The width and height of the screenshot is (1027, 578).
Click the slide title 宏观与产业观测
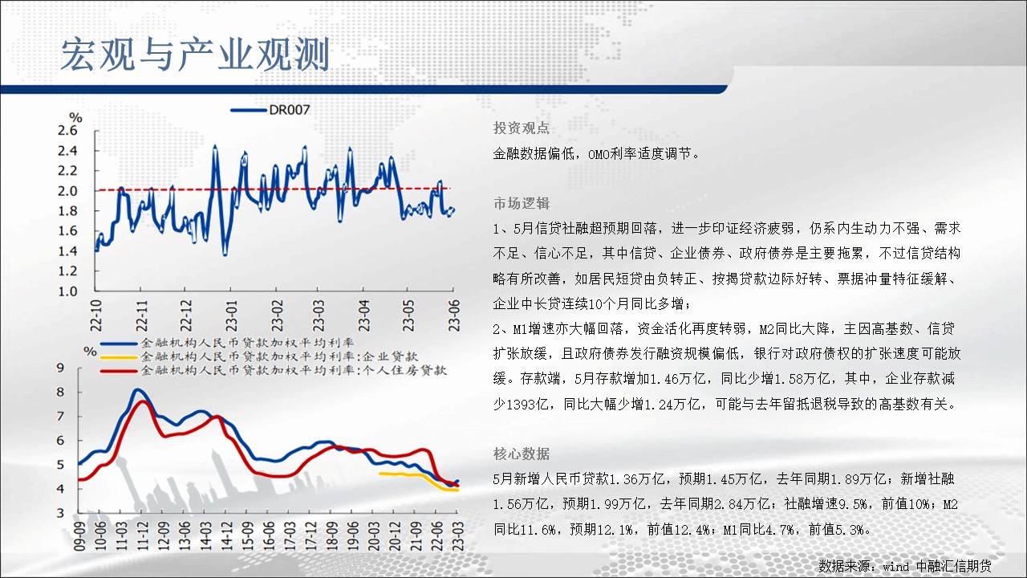point(195,55)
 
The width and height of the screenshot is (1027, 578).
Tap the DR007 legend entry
point(270,110)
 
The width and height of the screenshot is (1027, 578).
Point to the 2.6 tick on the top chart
point(67,131)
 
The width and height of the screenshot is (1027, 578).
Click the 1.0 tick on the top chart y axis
point(67,291)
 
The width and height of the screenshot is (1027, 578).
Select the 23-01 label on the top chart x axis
point(232,316)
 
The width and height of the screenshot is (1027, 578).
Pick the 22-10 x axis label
point(95,316)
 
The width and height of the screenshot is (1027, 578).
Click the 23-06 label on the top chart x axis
point(454,316)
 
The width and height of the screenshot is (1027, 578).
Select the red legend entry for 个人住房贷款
point(274,370)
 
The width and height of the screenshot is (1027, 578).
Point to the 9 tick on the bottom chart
point(60,368)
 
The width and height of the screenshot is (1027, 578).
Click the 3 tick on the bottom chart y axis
point(60,513)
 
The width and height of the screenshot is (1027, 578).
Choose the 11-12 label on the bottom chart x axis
point(143,535)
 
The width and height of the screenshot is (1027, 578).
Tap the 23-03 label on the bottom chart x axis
point(458,535)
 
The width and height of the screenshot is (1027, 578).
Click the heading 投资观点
point(522,128)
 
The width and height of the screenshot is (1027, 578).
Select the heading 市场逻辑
point(522,203)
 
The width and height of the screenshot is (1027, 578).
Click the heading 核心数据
point(522,454)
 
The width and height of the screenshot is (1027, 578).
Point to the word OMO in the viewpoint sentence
point(599,154)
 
